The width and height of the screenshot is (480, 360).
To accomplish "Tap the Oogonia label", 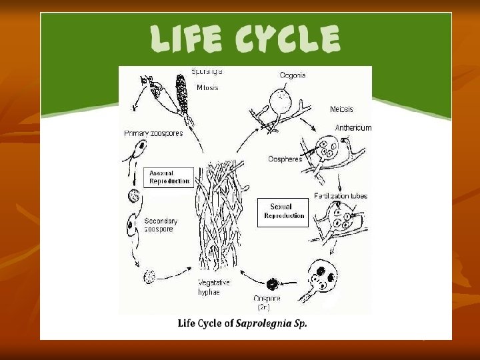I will (x=292, y=75).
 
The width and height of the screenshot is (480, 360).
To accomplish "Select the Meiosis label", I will (x=341, y=109).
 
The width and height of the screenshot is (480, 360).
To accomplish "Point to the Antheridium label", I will (x=353, y=127).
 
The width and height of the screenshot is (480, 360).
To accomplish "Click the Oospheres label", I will (x=285, y=159).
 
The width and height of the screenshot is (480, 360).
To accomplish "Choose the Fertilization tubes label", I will (x=341, y=196).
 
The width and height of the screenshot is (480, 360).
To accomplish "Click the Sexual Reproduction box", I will (x=283, y=211).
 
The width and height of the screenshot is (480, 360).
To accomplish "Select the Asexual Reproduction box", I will (x=169, y=177).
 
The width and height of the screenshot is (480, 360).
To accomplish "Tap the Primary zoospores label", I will (x=153, y=133).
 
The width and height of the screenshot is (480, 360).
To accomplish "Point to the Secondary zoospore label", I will (x=161, y=224).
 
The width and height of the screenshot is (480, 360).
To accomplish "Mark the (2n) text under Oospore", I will (x=264, y=307).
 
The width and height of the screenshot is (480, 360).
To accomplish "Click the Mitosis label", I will (x=207, y=87).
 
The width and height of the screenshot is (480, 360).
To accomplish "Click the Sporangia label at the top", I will (x=207, y=71).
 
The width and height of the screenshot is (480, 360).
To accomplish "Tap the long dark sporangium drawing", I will (x=180, y=93).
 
